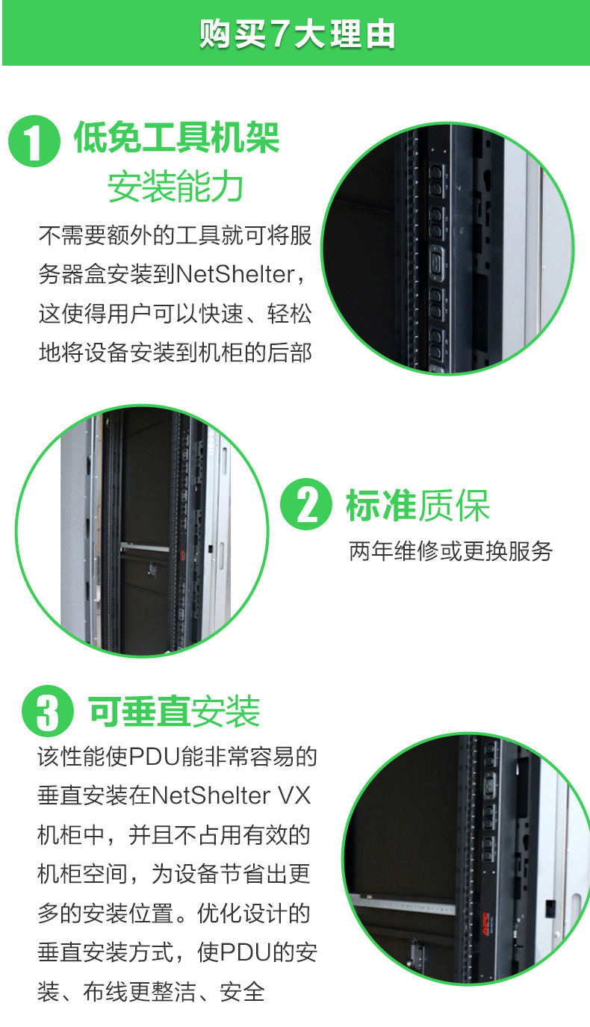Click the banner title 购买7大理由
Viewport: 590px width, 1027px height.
pyautogui.click(x=296, y=34)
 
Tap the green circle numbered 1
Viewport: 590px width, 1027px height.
pyautogui.click(x=34, y=140)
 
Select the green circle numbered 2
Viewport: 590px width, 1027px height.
pyautogui.click(x=305, y=504)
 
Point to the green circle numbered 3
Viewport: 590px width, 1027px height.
pyautogui.click(x=48, y=711)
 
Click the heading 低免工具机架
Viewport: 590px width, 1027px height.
pyautogui.click(x=177, y=137)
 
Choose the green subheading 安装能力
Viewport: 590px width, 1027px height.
pyautogui.click(x=175, y=186)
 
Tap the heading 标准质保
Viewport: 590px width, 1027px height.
pyautogui.click(x=418, y=505)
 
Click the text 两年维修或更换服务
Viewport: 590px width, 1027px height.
pyautogui.click(x=451, y=551)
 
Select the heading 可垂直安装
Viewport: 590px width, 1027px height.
pyautogui.click(x=175, y=711)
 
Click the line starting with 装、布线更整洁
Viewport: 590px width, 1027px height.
pyautogui.click(x=152, y=991)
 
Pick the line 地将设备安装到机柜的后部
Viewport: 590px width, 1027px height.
pyautogui.click(x=175, y=353)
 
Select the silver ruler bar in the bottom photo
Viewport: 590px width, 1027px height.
pyautogui.click(x=403, y=903)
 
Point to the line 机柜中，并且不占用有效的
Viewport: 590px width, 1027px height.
pyautogui.click(x=174, y=835)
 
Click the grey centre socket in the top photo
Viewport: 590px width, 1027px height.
pyautogui.click(x=437, y=263)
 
